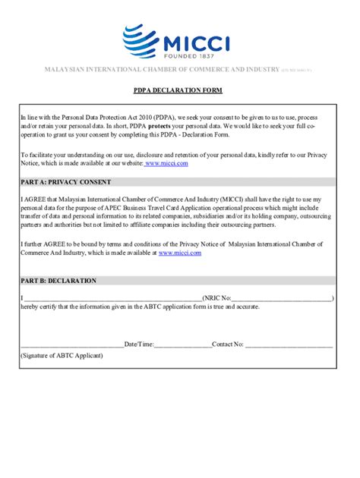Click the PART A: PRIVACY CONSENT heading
tap(66, 182)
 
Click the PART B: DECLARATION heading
tap(58, 281)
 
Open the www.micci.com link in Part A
tap(180, 253)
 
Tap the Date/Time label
tap(139, 344)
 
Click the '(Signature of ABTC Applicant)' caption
tap(62, 355)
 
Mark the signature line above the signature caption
tap(72, 345)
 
